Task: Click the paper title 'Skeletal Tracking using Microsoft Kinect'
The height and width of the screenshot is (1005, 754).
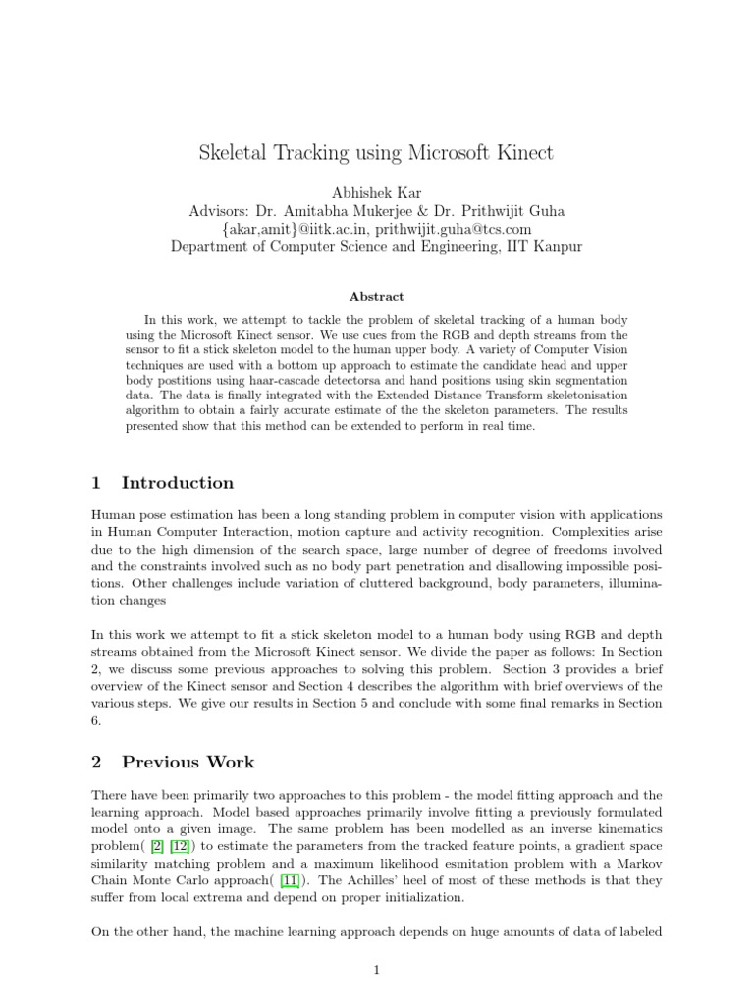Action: pos(376,153)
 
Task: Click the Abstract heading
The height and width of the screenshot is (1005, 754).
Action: pos(376,295)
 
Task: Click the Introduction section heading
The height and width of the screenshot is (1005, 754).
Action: pos(177,483)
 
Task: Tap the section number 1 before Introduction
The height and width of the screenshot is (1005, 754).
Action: pos(96,483)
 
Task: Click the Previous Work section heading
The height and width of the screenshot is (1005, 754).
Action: pos(188,762)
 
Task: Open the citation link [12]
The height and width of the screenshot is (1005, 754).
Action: pos(183,847)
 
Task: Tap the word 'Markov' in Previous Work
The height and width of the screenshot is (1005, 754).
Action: pos(637,864)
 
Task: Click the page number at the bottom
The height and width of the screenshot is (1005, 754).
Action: pos(376,971)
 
